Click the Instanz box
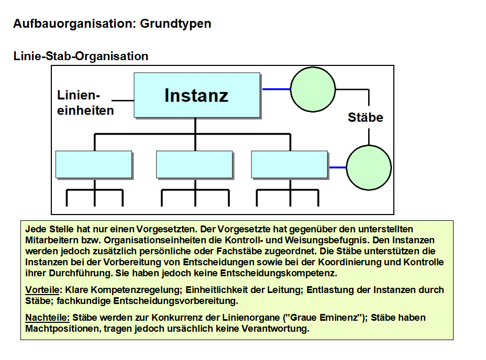tap(197, 95)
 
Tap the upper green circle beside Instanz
tap(313, 89)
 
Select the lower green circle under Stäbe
tap(369, 167)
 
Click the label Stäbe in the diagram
tap(365, 117)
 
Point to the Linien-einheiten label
tap(85, 103)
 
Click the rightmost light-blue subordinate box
tap(290, 164)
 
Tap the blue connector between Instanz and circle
tap(276, 89)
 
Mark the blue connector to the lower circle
tap(338, 167)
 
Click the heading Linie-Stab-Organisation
tap(81, 56)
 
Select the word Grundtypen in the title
tap(175, 24)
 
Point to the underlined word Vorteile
tap(43, 290)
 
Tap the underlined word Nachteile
tap(47, 318)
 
